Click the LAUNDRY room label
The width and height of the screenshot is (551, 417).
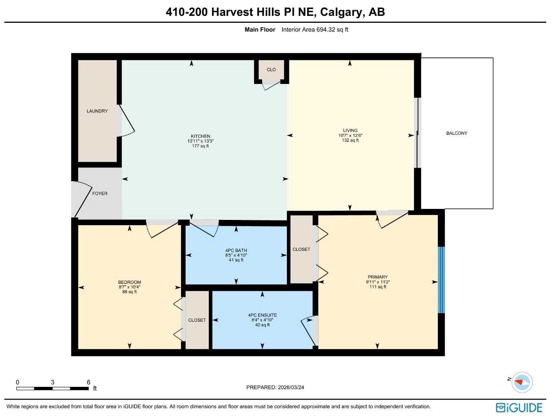tap(97, 111)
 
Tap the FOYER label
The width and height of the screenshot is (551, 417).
tap(100, 193)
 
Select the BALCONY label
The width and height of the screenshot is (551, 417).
tap(457, 133)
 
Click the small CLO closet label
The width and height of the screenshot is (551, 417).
tap(271, 70)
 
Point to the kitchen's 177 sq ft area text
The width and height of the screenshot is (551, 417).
tap(200, 146)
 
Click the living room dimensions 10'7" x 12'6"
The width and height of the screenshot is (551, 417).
tap(350, 136)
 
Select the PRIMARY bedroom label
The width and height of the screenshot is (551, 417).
tap(378, 277)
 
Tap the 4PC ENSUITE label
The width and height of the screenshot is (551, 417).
tap(262, 315)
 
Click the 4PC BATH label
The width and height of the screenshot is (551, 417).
tap(236, 250)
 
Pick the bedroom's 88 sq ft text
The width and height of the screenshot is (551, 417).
tap(129, 292)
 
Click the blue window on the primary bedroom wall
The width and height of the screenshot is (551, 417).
tap(441, 280)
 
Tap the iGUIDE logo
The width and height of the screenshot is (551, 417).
tap(519, 408)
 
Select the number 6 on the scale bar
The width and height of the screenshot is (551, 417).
tap(88, 382)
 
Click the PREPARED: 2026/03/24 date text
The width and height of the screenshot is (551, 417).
tap(275, 387)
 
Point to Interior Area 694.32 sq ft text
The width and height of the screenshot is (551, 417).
tap(315, 29)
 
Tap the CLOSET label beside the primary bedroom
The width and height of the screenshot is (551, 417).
tap(301, 249)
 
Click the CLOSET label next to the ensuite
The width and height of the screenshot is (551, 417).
tap(197, 320)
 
